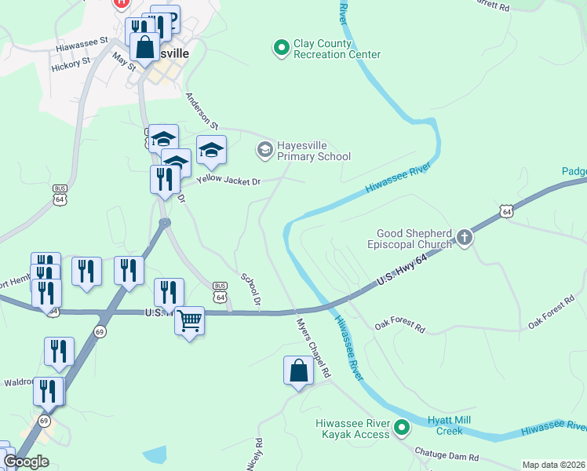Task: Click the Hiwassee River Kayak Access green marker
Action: (402, 428)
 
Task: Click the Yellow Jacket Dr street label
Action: (228, 181)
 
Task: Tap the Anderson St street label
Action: (202, 111)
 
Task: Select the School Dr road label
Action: (251, 290)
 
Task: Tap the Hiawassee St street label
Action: (85, 47)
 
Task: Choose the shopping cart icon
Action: (189, 321)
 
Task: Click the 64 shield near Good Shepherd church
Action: (507, 211)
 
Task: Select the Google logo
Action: (26, 462)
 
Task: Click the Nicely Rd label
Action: (253, 455)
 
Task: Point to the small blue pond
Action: (155, 454)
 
